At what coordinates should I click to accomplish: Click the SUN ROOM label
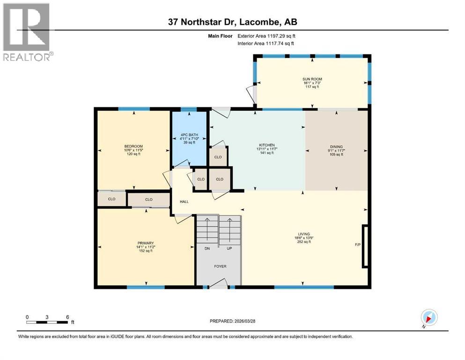tap(312, 79)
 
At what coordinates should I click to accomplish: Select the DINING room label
tap(336, 146)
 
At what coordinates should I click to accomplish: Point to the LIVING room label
tap(304, 234)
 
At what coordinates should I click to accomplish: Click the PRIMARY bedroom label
tap(146, 243)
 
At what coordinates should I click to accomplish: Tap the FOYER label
tap(220, 266)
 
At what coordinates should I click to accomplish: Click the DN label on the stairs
tap(207, 248)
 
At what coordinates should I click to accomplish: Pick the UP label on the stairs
tap(229, 248)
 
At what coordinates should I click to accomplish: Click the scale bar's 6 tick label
tap(68, 317)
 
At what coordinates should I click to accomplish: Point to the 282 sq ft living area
tap(304, 242)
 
